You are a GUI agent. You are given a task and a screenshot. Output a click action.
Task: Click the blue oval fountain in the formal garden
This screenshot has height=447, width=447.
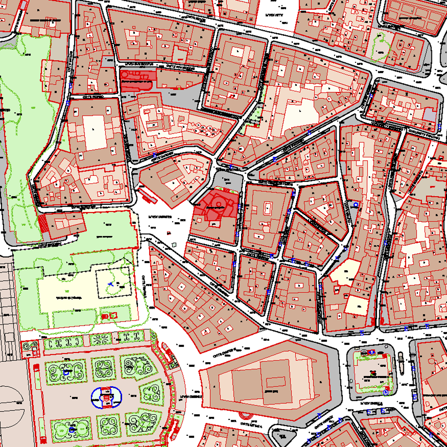click(107, 398)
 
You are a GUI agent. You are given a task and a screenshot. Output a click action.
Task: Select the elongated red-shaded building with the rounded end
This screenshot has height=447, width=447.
click(136, 80)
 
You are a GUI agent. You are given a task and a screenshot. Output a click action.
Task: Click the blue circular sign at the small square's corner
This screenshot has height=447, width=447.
click(386, 393)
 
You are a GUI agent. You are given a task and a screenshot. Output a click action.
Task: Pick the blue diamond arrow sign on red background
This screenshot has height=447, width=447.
click(372, 352)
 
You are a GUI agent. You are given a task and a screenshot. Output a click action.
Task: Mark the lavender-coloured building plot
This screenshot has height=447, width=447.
click(430, 115)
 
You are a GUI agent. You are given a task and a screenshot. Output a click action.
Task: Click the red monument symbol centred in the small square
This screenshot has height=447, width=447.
click(373, 373)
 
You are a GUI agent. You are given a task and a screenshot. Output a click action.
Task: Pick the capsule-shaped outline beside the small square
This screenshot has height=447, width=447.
click(401, 362)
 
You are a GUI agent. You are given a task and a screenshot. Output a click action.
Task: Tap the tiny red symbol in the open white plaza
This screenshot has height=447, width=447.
click(169, 233)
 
